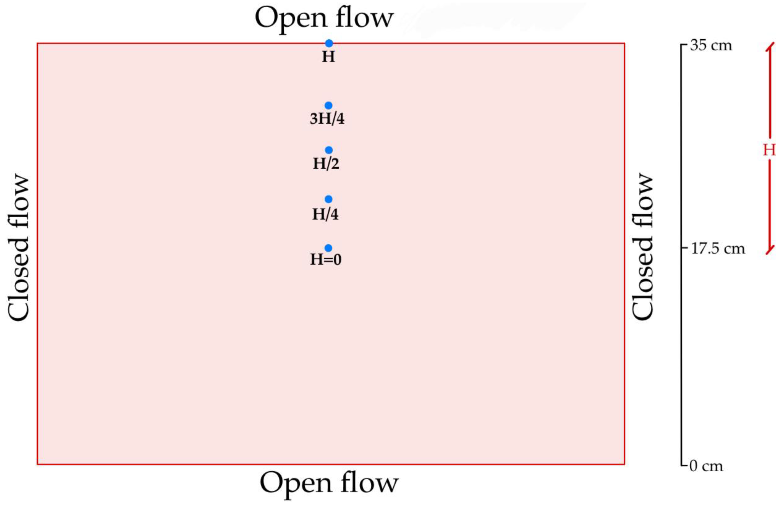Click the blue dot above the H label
329,43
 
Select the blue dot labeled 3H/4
329,105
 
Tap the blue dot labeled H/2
329,150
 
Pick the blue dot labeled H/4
329,199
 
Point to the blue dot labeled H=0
328,248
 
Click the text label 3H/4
327,119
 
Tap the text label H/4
325,214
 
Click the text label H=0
326,260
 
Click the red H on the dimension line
769,150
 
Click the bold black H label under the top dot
328,57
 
